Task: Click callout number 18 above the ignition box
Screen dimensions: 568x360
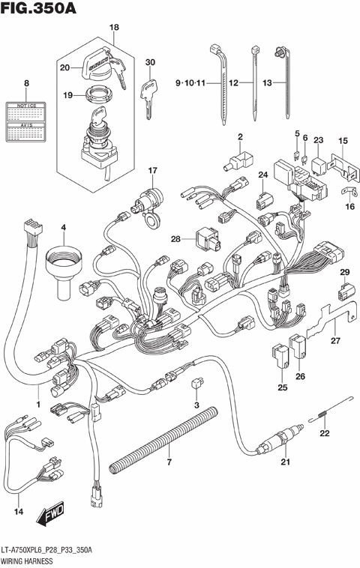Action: coord(114,28)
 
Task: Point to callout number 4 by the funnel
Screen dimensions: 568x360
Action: coord(63,227)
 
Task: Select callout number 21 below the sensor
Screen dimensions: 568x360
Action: coord(285,462)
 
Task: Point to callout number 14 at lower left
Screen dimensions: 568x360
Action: coord(19,512)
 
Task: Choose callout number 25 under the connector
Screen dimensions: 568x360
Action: coord(282,387)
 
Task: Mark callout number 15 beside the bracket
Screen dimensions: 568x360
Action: coord(342,142)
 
